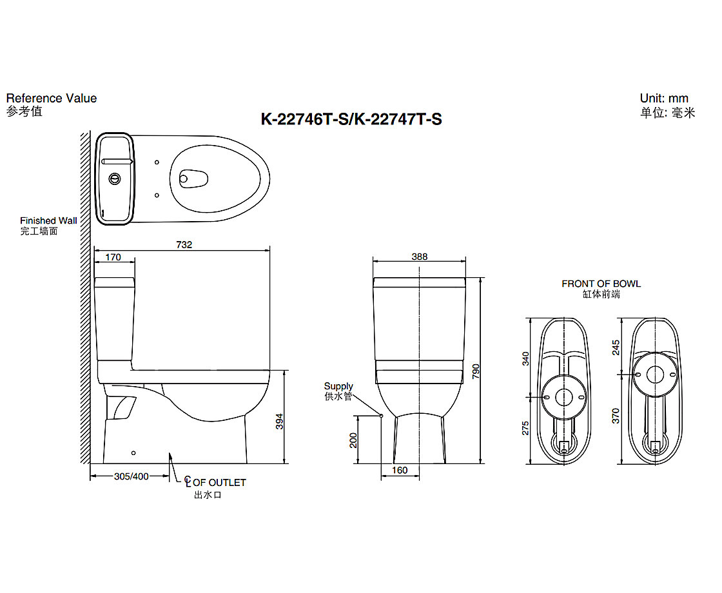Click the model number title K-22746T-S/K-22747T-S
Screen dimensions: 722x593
point(351,119)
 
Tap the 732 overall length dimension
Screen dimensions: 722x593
point(184,244)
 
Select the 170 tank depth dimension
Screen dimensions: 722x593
point(113,257)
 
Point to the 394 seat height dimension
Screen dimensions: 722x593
point(279,422)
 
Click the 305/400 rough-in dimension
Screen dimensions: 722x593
point(132,476)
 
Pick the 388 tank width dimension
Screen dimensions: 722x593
point(420,257)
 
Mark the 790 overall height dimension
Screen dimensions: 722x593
point(476,371)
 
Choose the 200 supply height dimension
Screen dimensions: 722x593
point(353,441)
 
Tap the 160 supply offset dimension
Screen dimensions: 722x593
point(400,470)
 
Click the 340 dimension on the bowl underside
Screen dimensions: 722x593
point(525,358)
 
